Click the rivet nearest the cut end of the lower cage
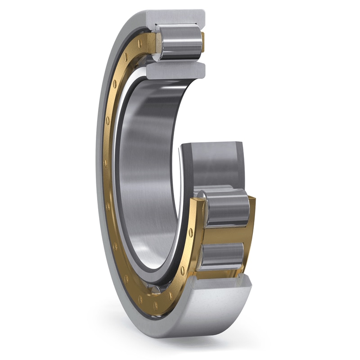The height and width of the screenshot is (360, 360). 191,232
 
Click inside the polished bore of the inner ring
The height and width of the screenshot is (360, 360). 144,171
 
